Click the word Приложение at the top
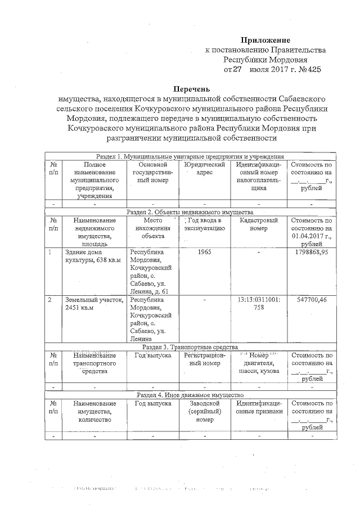[x=265, y=40]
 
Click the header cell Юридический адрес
[x=204, y=169]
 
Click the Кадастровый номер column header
[x=258, y=225]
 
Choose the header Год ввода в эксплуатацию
[x=204, y=225]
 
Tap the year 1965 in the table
[x=204, y=253]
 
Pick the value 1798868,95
[x=311, y=253]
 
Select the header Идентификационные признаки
[x=258, y=408]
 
